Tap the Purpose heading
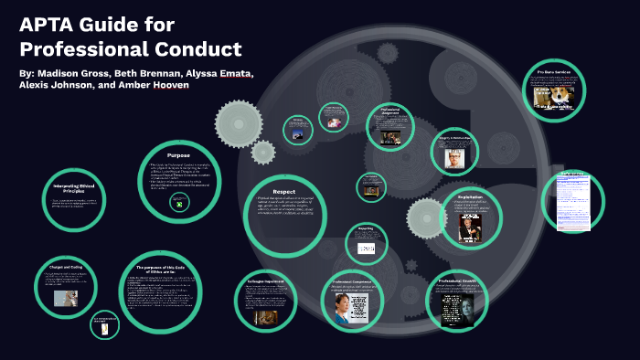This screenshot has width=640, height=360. (x=178, y=155)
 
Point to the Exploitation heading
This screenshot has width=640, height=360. (x=471, y=196)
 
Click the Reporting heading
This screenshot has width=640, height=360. (x=365, y=230)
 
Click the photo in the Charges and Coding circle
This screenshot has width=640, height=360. (x=65, y=298)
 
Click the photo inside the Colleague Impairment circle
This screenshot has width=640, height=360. (x=264, y=316)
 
